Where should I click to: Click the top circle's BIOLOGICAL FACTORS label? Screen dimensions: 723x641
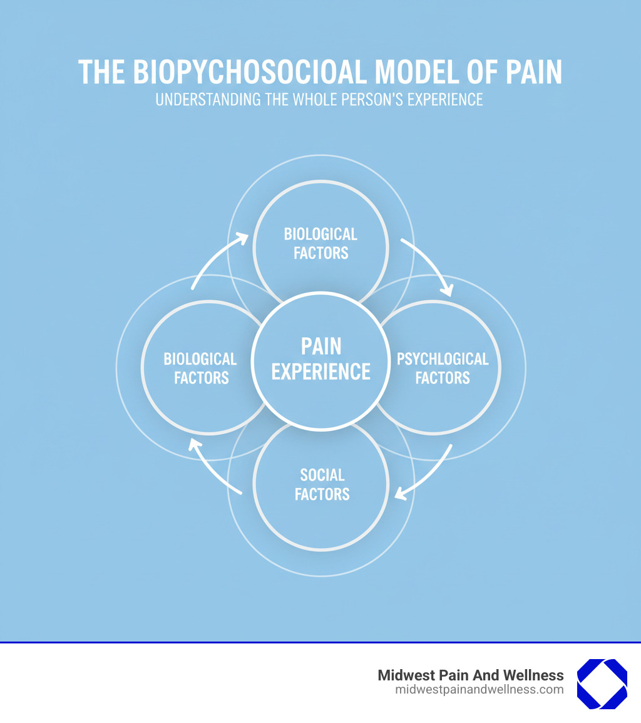[320, 244]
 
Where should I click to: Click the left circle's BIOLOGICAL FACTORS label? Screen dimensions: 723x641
[201, 368]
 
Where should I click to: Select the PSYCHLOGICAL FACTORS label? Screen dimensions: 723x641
[442, 368]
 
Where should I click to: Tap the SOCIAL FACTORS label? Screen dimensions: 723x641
[322, 484]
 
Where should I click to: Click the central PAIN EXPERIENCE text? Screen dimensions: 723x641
[320, 359]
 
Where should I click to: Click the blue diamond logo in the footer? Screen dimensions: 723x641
[602, 684]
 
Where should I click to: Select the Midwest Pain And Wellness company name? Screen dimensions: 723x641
[470, 675]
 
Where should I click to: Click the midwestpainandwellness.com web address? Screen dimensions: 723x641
[479, 690]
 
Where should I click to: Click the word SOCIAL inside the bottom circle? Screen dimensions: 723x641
[322, 475]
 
